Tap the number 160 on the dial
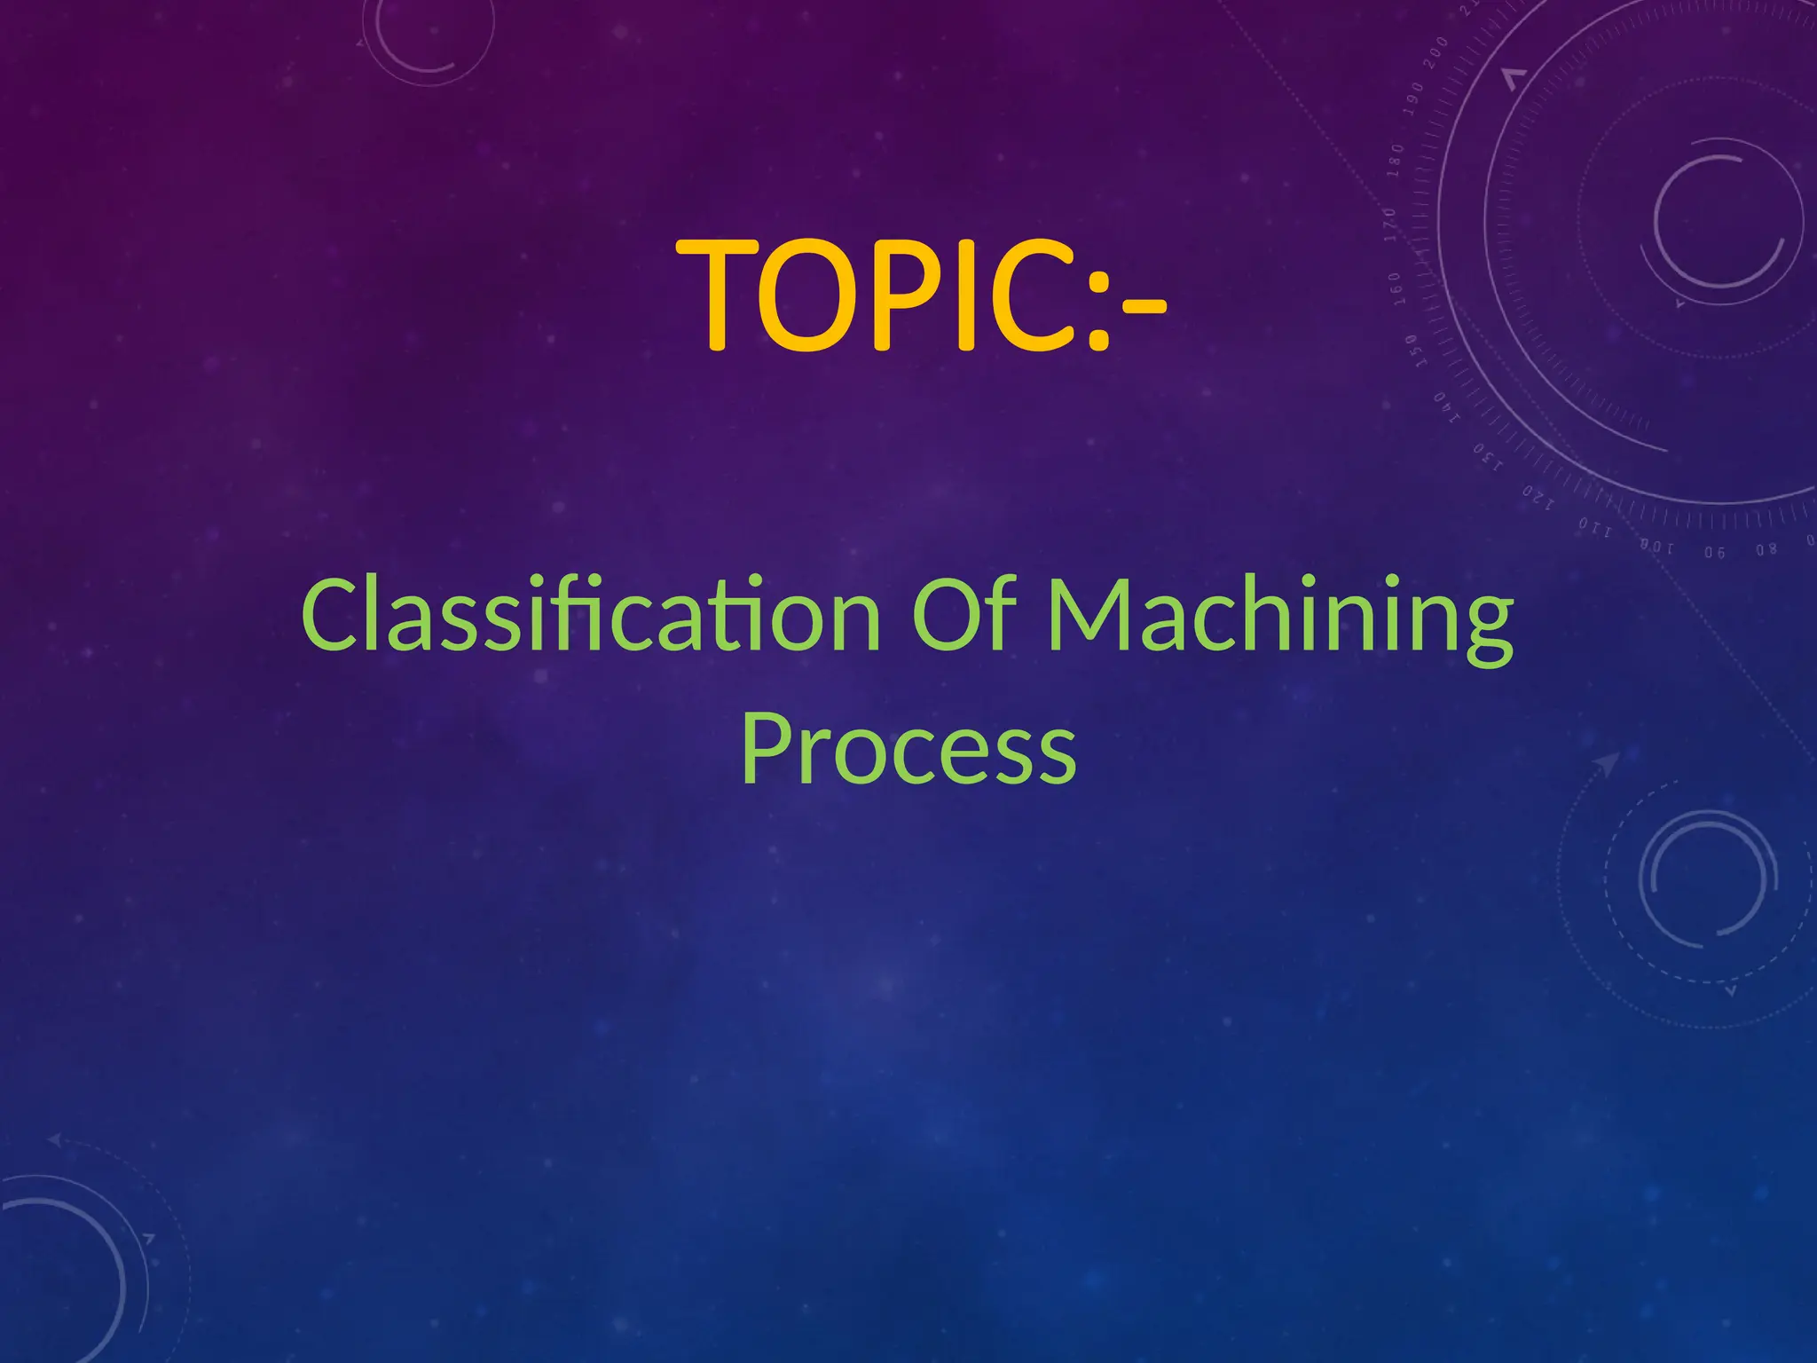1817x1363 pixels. tap(1395, 288)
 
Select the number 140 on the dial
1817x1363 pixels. tap(1447, 408)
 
